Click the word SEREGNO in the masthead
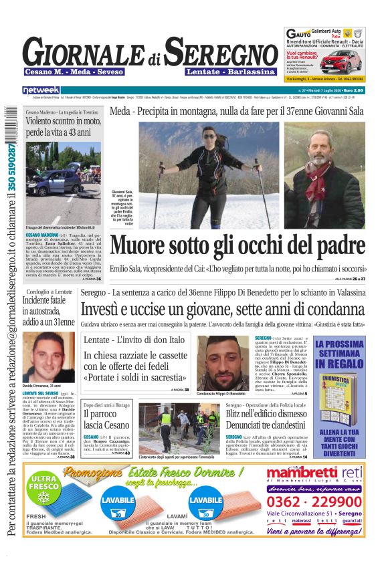point(221,51)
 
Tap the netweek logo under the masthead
point(41,90)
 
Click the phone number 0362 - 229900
point(314,501)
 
